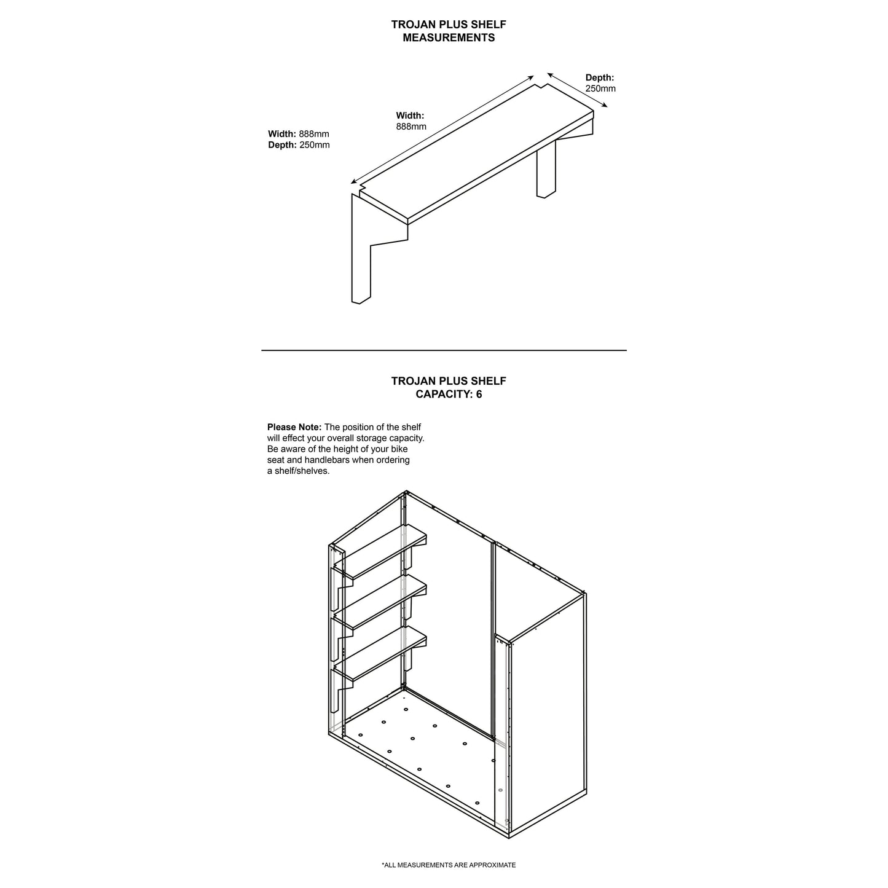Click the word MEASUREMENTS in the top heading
click(x=449, y=37)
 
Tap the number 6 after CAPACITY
click(x=479, y=394)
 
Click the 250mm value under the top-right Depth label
click(x=600, y=88)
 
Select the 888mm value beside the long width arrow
click(x=411, y=127)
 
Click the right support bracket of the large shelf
click(x=546, y=169)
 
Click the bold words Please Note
click(x=294, y=427)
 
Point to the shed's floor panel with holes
click(x=424, y=750)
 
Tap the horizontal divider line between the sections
click(x=444, y=350)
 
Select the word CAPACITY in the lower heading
click(x=443, y=394)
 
